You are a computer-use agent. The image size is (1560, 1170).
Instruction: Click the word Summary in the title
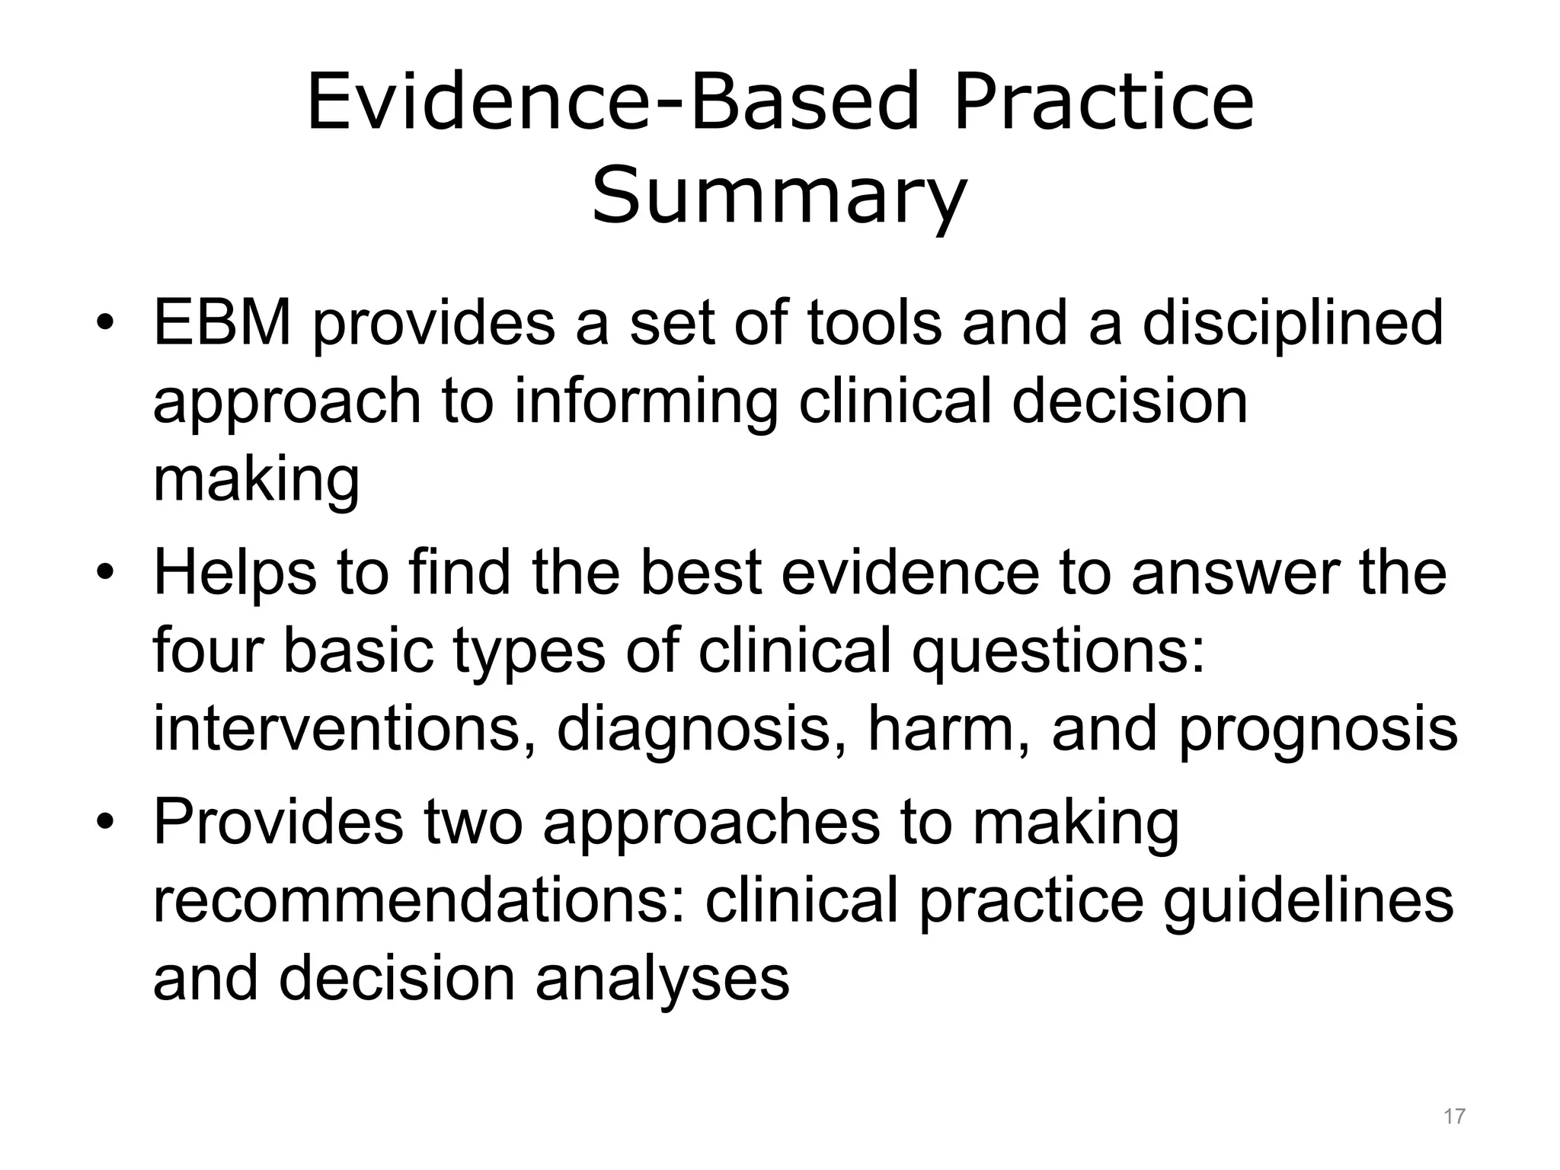click(x=778, y=197)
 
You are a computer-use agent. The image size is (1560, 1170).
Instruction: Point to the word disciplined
click(x=1292, y=324)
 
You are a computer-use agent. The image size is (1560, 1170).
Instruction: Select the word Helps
click(x=235, y=573)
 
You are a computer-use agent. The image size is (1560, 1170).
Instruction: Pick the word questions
click(x=1059, y=654)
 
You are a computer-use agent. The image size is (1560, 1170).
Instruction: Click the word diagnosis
click(x=692, y=730)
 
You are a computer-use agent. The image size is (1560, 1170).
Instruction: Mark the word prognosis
click(x=1318, y=730)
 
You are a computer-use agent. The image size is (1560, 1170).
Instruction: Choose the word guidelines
click(x=1308, y=902)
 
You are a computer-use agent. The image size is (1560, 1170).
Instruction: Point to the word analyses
click(x=662, y=980)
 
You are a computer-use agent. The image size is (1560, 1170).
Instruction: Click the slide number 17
click(x=1454, y=1117)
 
